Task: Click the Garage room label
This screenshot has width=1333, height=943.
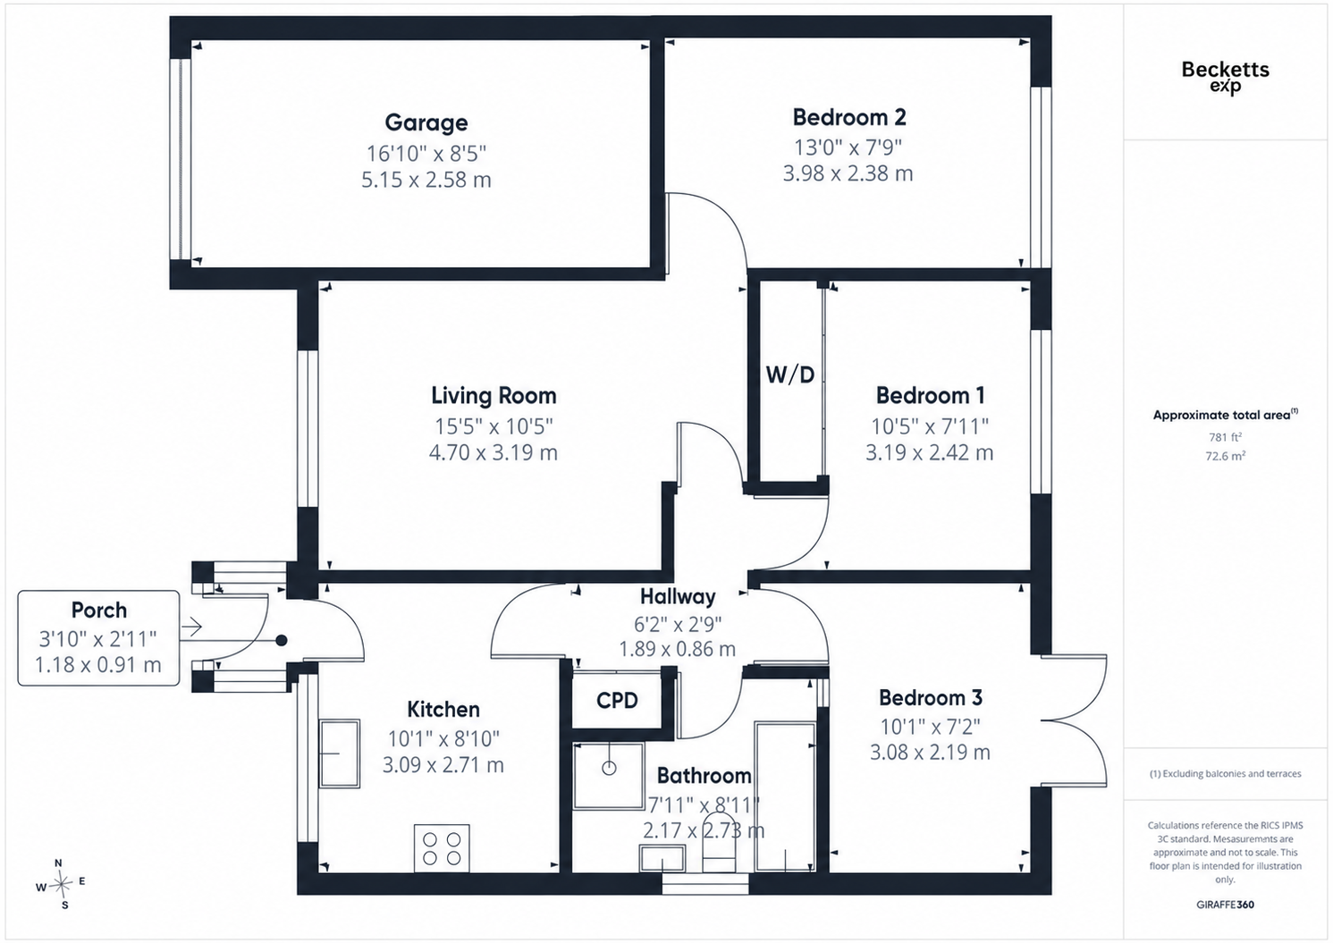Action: point(426,122)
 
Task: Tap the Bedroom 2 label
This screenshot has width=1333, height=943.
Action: point(849,117)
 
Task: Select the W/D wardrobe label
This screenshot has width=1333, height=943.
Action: point(790,375)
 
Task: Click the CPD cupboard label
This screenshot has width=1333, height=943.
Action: point(617,700)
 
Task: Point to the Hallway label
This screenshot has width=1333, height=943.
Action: point(678,596)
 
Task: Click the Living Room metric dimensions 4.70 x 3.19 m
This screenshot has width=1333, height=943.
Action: point(494,453)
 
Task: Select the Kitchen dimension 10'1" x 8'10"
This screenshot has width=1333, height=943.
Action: point(443,739)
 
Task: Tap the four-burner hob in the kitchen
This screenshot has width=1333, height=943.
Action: point(442,848)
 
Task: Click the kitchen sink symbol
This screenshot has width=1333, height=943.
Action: point(340,754)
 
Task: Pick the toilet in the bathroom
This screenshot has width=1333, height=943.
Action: point(720,846)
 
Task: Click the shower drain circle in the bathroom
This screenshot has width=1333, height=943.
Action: point(609,768)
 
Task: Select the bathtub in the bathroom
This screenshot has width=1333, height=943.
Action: point(785,797)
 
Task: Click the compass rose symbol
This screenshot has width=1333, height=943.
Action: point(61,885)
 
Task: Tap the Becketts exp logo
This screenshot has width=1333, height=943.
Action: point(1226,77)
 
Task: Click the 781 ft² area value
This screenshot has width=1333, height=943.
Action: point(1225,437)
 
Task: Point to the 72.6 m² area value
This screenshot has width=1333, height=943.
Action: point(1226,457)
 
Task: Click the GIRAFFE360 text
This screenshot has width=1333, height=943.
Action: point(1226,905)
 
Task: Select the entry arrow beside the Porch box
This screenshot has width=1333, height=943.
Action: point(191,627)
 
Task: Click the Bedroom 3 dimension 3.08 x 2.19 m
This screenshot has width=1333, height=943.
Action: point(930,753)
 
